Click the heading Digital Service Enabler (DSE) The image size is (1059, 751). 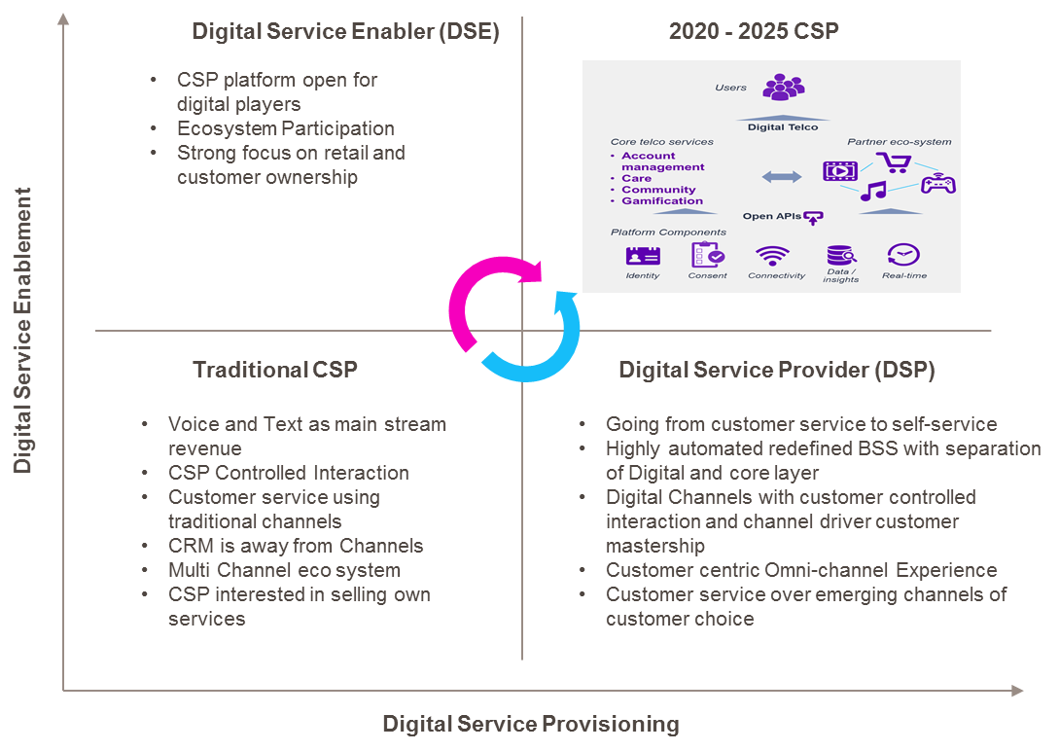point(345,31)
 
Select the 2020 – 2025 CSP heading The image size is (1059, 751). point(754,31)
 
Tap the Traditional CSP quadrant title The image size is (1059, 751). point(275,370)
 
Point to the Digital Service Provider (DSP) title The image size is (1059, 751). point(777,370)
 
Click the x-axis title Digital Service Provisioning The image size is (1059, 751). point(530,724)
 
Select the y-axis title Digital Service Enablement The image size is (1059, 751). point(22,331)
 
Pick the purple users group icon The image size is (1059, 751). point(783,88)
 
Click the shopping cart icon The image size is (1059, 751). point(892,161)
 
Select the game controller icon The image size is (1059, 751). point(937,183)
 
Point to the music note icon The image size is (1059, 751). point(872,191)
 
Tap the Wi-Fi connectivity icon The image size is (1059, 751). point(773,255)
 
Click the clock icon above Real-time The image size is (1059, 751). point(902,255)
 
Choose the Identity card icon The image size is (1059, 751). point(643,255)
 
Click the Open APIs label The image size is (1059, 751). point(773,216)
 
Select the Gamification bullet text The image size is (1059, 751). point(662,201)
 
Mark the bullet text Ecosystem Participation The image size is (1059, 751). point(285,128)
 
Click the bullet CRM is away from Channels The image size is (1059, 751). point(296,546)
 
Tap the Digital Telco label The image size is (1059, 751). point(783,126)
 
